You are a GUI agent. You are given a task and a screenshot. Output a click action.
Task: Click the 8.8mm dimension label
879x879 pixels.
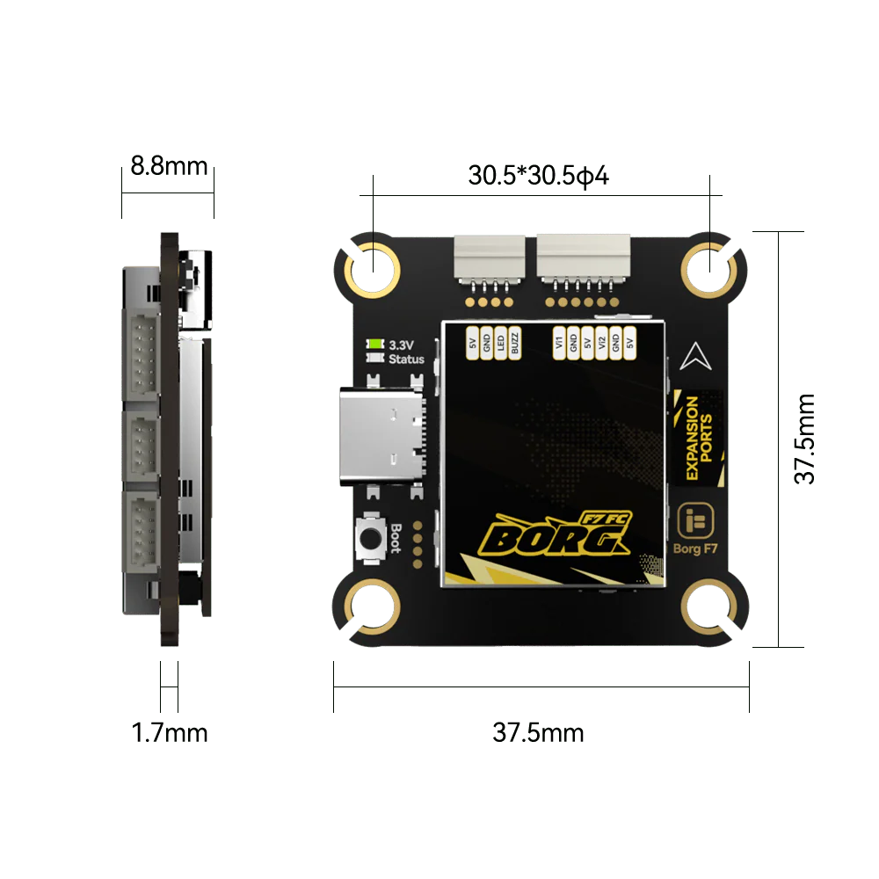(169, 166)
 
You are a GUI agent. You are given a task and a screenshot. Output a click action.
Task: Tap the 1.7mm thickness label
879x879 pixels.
(170, 733)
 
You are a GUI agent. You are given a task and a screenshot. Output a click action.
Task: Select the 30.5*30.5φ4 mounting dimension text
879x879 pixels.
(538, 176)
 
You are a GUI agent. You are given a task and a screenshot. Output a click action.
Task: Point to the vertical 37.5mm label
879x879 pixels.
(805, 439)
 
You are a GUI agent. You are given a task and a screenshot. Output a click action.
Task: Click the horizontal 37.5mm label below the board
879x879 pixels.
(538, 733)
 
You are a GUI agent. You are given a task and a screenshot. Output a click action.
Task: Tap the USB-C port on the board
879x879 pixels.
(382, 436)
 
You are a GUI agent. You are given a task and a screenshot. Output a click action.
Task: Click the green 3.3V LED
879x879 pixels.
(374, 344)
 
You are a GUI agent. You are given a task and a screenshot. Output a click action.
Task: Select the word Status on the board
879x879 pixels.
(406, 359)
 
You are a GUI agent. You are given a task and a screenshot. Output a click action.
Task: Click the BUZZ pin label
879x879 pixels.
(514, 343)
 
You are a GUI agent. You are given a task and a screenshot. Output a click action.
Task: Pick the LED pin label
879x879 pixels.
(501, 343)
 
